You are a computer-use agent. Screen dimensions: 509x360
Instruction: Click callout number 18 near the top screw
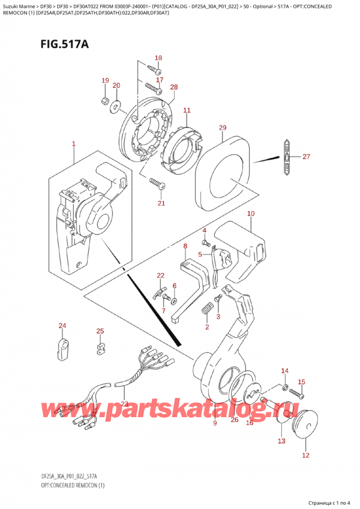158,58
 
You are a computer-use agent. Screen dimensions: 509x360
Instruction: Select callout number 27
307,157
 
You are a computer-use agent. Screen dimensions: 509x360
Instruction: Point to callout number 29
223,128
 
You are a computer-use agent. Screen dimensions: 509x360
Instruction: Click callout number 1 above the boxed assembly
73,144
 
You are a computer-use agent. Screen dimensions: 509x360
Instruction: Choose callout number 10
250,214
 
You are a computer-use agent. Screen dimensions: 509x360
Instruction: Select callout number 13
281,441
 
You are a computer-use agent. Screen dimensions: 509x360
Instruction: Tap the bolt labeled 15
296,394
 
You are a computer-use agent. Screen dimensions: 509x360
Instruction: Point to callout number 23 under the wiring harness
124,403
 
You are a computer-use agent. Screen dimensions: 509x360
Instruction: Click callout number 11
186,110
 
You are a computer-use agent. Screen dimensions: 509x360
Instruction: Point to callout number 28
174,88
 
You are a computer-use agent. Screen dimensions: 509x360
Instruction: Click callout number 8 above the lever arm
185,246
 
